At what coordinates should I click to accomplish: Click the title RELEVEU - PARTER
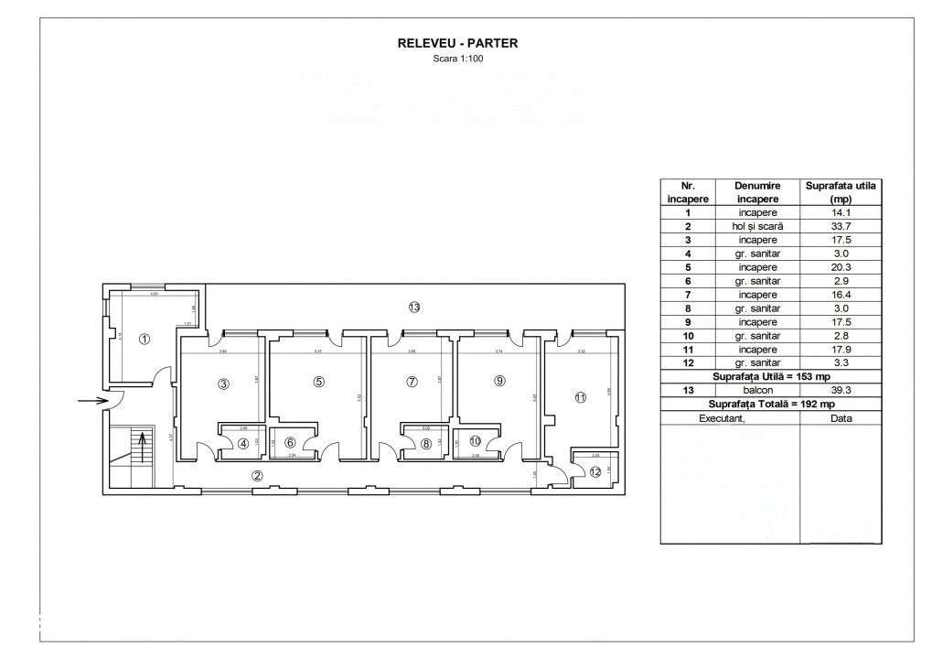click(457, 42)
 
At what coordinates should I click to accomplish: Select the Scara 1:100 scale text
click(457, 59)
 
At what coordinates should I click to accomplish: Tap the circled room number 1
click(144, 339)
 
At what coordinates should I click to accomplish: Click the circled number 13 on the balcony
click(414, 308)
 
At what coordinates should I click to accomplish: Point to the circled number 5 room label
click(318, 382)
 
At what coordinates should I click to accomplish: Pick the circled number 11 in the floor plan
click(580, 397)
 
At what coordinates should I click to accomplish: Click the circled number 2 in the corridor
click(258, 475)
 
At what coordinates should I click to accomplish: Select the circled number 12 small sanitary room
click(595, 472)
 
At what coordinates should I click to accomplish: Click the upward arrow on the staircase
click(142, 448)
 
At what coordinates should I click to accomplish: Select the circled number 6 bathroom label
click(290, 442)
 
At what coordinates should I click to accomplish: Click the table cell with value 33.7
click(841, 226)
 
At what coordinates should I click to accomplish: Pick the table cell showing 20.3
click(841, 267)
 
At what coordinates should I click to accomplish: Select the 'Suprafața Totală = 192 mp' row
click(771, 404)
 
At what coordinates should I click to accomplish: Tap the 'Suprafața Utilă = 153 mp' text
click(771, 376)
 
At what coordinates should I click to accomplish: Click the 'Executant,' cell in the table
click(729, 417)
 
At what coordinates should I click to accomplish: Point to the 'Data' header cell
click(841, 417)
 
